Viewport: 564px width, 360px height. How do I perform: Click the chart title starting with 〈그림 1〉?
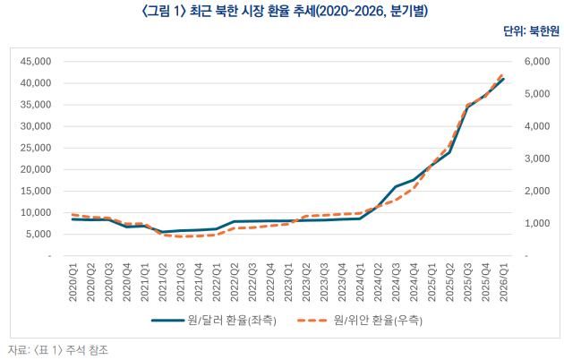coord(281,10)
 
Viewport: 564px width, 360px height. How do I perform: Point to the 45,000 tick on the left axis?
coord(36,62)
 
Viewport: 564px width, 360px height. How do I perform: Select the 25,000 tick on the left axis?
coord(36,148)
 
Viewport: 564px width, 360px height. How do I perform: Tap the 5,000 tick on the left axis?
coord(38,235)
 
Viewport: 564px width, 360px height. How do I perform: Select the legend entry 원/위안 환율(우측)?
coord(377,320)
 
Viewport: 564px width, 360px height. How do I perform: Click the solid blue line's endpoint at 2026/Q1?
coord(502,79)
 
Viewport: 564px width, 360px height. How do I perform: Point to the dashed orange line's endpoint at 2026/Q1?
coord(502,74)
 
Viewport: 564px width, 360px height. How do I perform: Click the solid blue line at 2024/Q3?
coord(395,186)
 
